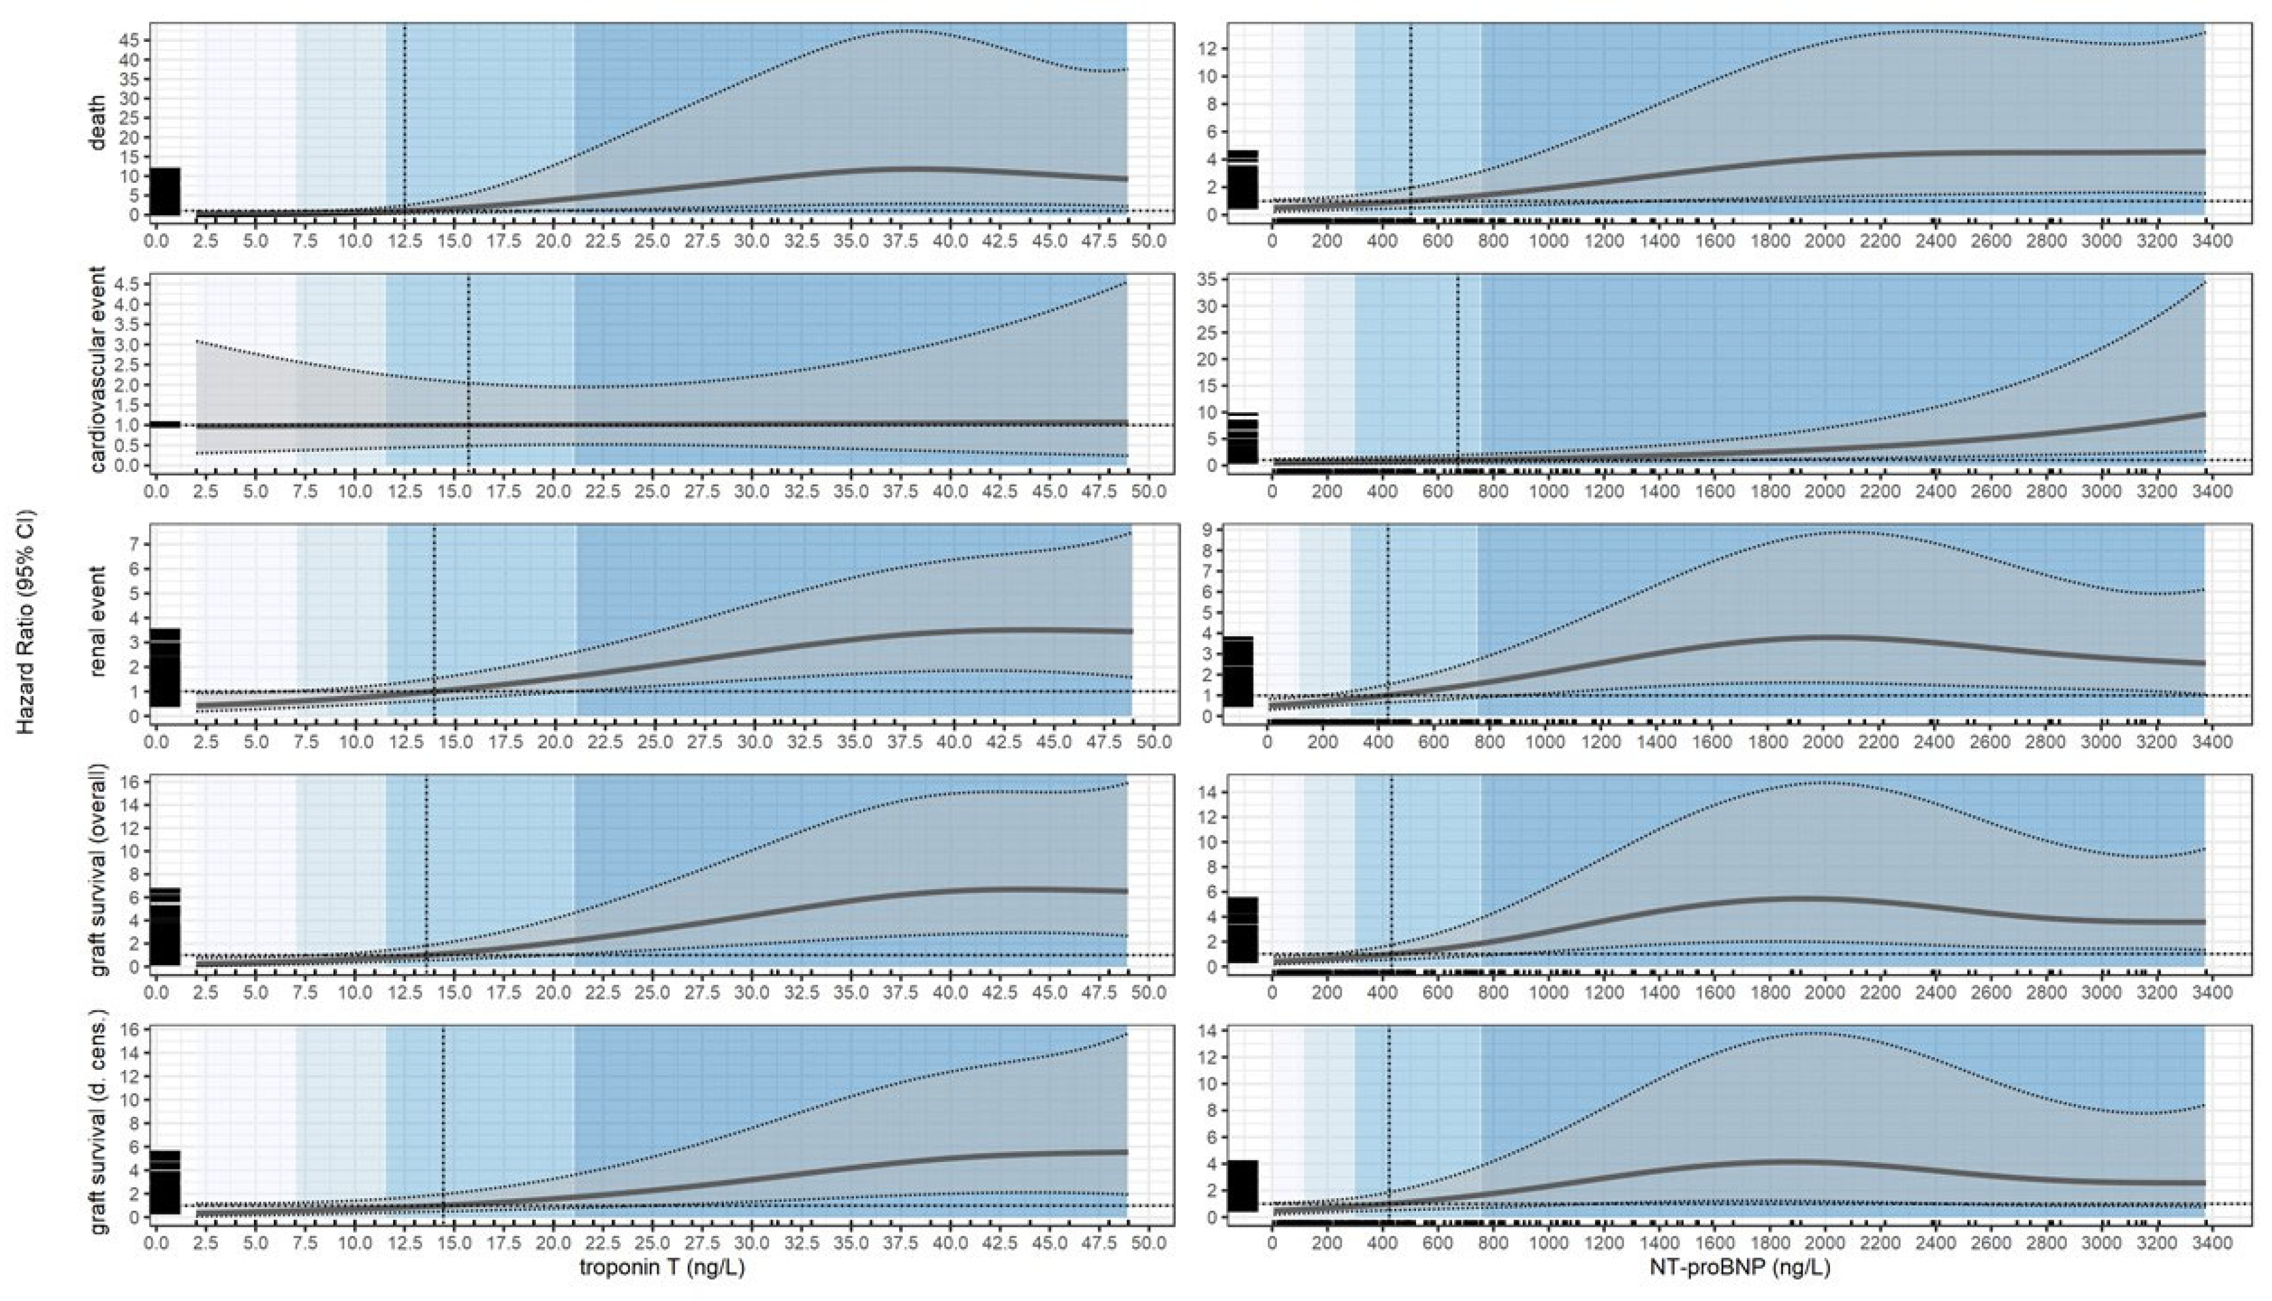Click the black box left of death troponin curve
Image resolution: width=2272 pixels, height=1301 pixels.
coord(164,191)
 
